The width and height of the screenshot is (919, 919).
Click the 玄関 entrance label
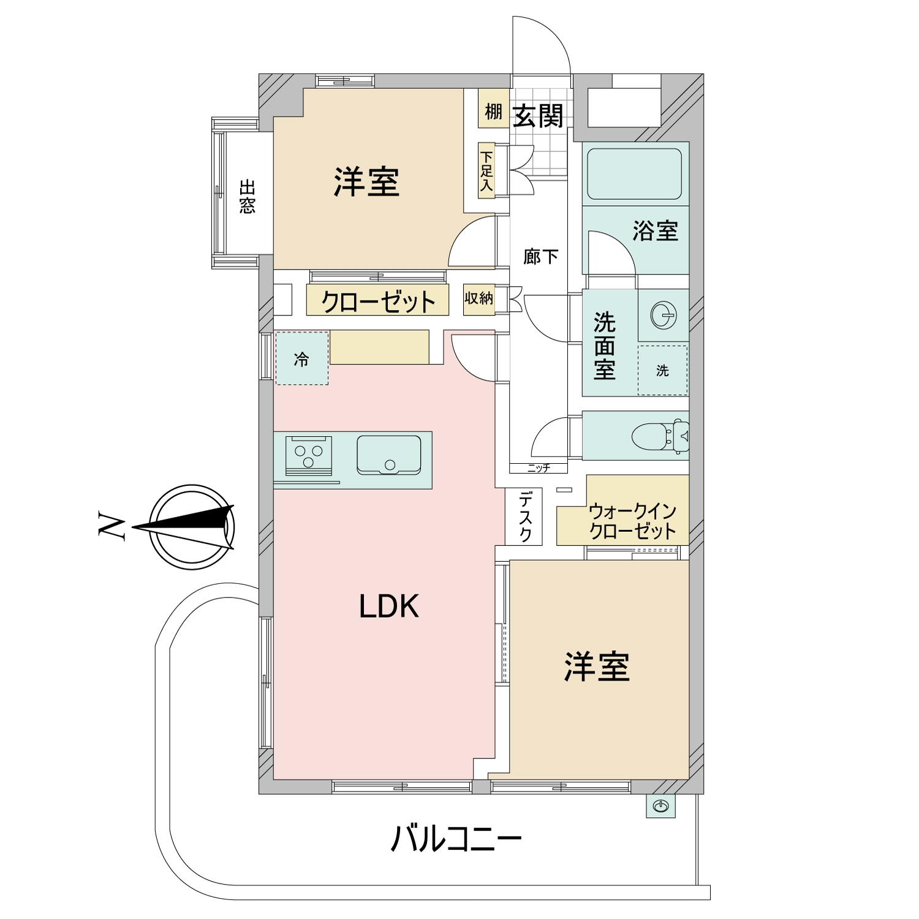[538, 115]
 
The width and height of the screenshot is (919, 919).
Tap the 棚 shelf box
[493, 112]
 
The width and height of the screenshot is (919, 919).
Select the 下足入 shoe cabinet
[486, 171]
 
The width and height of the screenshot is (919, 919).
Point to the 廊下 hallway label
[540, 256]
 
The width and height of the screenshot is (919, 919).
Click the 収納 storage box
[478, 299]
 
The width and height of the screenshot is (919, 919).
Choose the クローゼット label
[378, 301]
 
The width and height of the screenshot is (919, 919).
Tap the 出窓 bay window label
[247, 197]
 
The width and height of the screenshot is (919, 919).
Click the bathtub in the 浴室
[634, 173]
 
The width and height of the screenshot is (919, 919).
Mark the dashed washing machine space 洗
[662, 370]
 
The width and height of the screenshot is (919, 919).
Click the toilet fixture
[660, 436]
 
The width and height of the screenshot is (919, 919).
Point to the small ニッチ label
[539, 469]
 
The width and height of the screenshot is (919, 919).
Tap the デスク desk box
[523, 516]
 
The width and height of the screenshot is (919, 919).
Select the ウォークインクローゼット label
[632, 521]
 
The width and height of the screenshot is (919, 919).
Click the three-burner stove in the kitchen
[309, 455]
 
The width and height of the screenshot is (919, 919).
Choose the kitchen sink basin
[389, 455]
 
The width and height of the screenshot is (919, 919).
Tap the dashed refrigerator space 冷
[301, 358]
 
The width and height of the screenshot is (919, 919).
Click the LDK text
[389, 607]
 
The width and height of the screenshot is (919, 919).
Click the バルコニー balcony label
[456, 839]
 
